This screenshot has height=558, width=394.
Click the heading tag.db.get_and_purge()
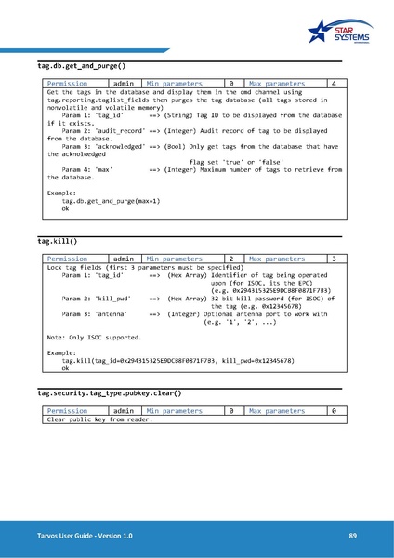point(81,67)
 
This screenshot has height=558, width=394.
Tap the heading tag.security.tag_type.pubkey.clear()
point(109,393)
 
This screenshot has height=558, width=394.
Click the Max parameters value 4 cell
point(333,84)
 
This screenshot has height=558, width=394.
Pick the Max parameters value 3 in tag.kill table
point(333,258)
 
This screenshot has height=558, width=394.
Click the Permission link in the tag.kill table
point(67,258)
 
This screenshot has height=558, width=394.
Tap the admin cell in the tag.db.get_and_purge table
point(123,84)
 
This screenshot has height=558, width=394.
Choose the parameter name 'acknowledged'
point(121,146)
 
